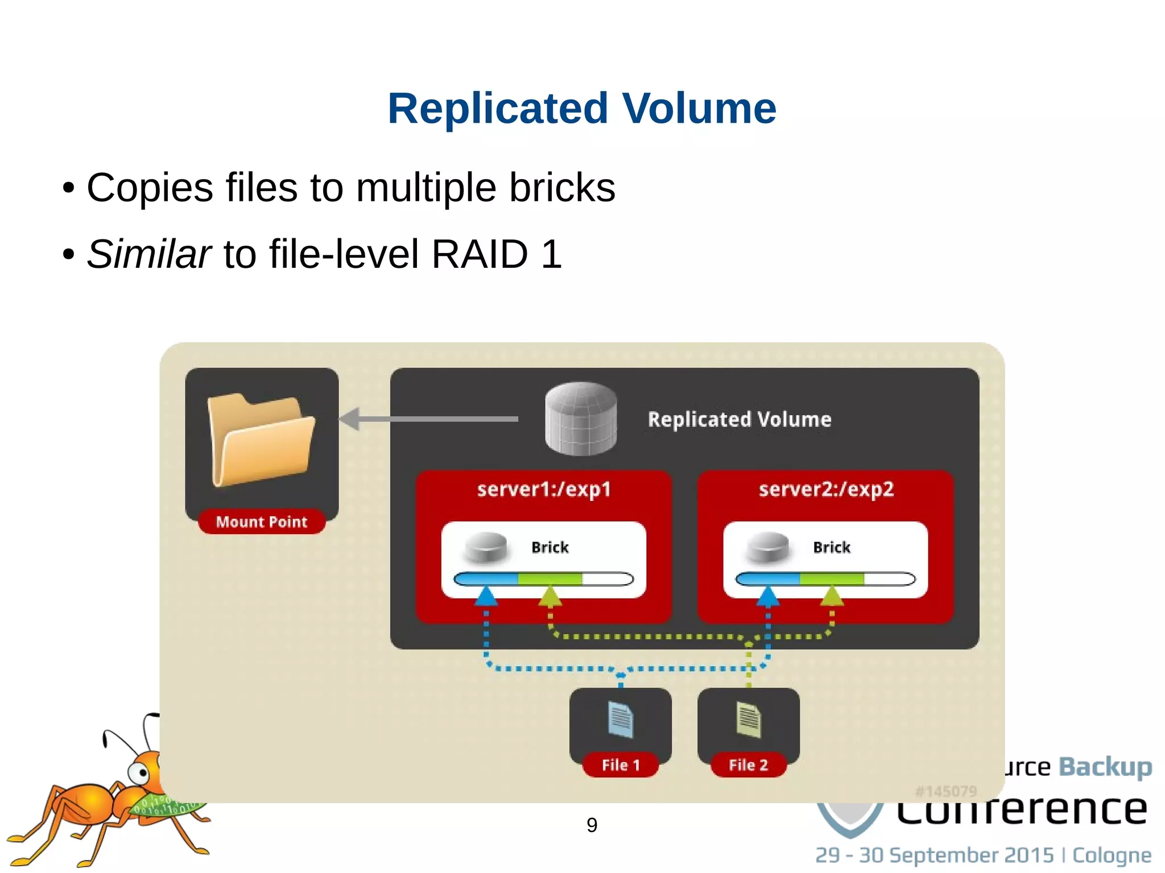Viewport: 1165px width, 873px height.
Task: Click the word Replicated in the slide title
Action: coord(498,108)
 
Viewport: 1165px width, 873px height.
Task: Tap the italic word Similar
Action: coord(149,254)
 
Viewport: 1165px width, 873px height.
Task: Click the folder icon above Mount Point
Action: coord(261,439)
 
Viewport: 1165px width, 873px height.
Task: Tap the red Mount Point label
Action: coord(262,522)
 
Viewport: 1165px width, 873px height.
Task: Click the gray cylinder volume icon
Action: coord(581,419)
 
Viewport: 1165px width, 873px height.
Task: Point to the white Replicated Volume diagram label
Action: coord(740,420)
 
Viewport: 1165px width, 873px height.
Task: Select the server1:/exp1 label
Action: coord(544,489)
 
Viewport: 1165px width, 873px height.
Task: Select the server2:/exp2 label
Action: coord(826,489)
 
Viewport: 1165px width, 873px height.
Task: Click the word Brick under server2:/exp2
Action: coord(832,547)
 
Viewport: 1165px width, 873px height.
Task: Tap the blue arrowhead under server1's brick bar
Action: coord(486,596)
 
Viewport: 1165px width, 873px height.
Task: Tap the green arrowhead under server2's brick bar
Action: coord(832,596)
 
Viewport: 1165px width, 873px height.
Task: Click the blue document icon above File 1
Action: coord(621,720)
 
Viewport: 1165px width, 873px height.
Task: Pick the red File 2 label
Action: coord(749,765)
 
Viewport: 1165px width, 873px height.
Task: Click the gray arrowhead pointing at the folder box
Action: coord(350,419)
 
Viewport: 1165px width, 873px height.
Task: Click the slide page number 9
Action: coord(592,825)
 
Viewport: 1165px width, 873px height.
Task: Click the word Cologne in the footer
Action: coord(1112,855)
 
